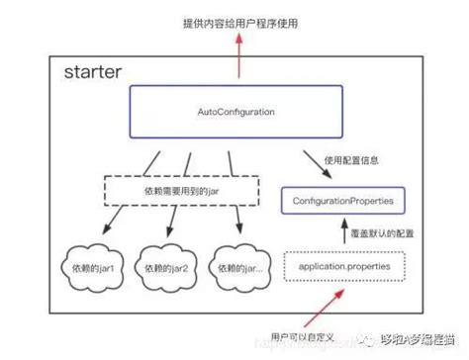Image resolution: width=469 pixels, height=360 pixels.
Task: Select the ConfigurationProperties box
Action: (x=343, y=201)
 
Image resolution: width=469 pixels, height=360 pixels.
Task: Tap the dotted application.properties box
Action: (x=343, y=267)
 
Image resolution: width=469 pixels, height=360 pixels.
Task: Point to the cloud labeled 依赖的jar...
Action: (x=242, y=269)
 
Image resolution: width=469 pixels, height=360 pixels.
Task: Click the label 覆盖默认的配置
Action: (x=383, y=234)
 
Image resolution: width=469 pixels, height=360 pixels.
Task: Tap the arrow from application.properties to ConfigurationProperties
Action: (x=344, y=233)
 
